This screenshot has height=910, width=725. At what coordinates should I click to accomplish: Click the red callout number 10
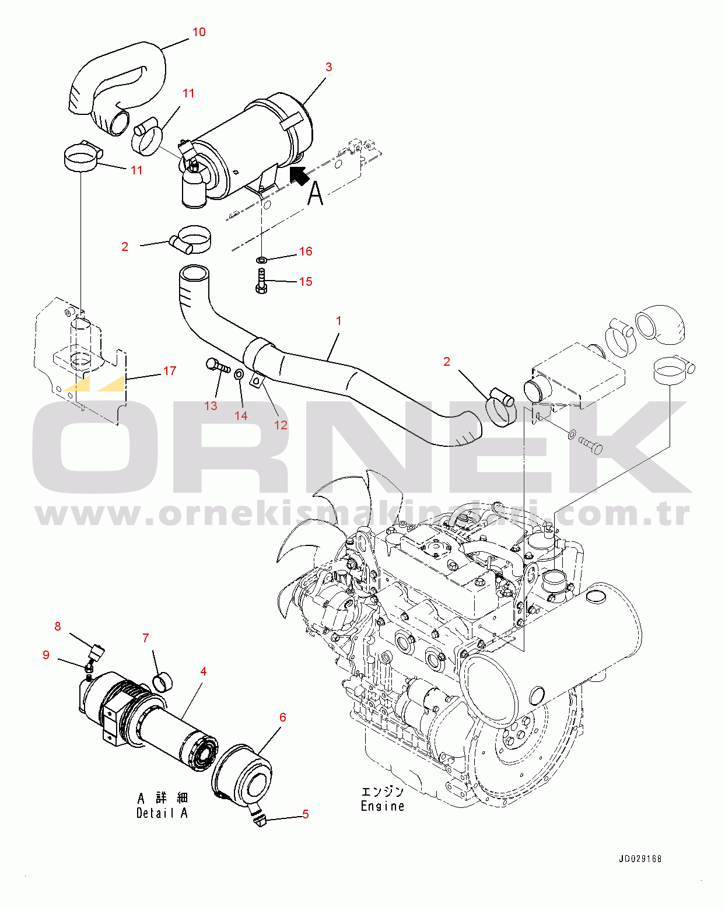point(199,32)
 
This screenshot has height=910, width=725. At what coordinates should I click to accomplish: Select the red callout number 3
point(328,67)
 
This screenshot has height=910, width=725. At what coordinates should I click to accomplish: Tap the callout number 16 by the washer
point(306,251)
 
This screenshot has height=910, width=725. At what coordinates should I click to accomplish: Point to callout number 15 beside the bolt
point(306,282)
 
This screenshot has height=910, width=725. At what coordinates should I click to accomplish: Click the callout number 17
point(170,371)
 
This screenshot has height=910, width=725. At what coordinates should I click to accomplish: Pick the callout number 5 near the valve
point(305,814)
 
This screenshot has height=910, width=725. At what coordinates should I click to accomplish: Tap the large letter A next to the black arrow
point(315,193)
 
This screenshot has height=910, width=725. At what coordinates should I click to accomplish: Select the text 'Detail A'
point(162,813)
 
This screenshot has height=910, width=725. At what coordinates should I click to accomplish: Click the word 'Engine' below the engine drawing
point(383,806)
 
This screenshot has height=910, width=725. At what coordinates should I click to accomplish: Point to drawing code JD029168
point(640,859)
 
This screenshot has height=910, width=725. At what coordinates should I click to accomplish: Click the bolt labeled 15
point(261,281)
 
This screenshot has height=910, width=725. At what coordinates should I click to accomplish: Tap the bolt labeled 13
point(218,366)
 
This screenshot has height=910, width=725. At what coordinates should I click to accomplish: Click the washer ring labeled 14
point(239,373)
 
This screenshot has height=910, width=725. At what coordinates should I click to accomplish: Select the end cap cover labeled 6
point(242,773)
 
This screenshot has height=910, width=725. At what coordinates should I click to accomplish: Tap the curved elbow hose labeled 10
point(117,82)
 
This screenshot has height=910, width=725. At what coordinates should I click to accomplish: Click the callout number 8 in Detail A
point(57,626)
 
